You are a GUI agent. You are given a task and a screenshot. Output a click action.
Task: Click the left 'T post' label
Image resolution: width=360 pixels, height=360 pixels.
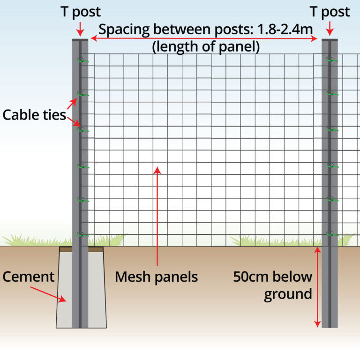tap(81, 12)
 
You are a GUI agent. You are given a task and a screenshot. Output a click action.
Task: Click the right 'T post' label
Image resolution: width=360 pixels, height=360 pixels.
tap(330, 12)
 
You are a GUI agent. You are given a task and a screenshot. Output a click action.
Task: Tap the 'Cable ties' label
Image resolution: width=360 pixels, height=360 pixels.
tap(34, 115)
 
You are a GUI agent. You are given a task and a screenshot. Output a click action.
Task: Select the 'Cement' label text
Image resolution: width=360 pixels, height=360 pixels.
tap(29, 277)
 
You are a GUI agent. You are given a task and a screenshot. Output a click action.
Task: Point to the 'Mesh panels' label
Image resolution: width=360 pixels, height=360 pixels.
tap(157, 277)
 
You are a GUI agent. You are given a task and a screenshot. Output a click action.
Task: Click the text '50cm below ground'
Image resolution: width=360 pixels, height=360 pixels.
tap(273, 285)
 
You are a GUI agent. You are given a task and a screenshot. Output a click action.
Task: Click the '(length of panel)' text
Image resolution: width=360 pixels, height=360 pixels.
tap(206, 47)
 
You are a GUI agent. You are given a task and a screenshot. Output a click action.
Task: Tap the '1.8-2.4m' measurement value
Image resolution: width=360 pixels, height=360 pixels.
tap(285, 30)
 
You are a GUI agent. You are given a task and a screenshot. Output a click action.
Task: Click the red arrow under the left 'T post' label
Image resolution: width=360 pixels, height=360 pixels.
tap(80, 29)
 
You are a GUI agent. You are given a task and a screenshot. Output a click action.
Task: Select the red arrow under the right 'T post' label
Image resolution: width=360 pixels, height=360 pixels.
tap(330, 29)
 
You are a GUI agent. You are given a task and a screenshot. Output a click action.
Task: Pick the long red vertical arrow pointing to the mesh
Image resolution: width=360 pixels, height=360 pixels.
tap(157, 216)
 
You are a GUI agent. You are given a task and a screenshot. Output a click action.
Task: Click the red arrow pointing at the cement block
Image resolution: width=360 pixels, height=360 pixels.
tap(48, 294)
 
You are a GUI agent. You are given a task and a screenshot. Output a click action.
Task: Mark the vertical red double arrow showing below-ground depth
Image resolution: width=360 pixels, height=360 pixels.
tap(317, 287)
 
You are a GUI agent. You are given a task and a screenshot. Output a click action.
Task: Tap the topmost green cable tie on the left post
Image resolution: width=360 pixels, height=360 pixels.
tap(82, 60)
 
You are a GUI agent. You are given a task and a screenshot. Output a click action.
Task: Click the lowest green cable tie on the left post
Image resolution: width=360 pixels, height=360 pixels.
tap(82, 234)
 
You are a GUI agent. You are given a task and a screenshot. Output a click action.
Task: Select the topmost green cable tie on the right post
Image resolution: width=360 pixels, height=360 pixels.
tap(332, 60)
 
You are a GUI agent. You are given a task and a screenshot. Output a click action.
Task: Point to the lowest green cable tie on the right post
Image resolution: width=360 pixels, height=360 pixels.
tap(332, 234)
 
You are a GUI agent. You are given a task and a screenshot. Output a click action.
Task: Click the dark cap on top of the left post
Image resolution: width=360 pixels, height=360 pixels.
tap(80, 40)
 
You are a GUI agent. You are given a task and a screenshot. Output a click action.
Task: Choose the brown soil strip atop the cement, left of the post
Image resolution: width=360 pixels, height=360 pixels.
tap(66, 249)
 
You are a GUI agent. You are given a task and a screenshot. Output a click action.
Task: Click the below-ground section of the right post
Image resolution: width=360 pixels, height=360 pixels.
tap(330, 287)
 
